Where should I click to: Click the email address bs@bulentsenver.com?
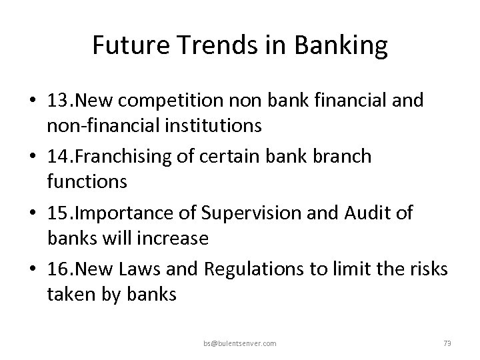coord(241,343)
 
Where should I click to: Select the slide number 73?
coord(447,343)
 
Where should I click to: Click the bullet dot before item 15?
coord(33,213)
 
